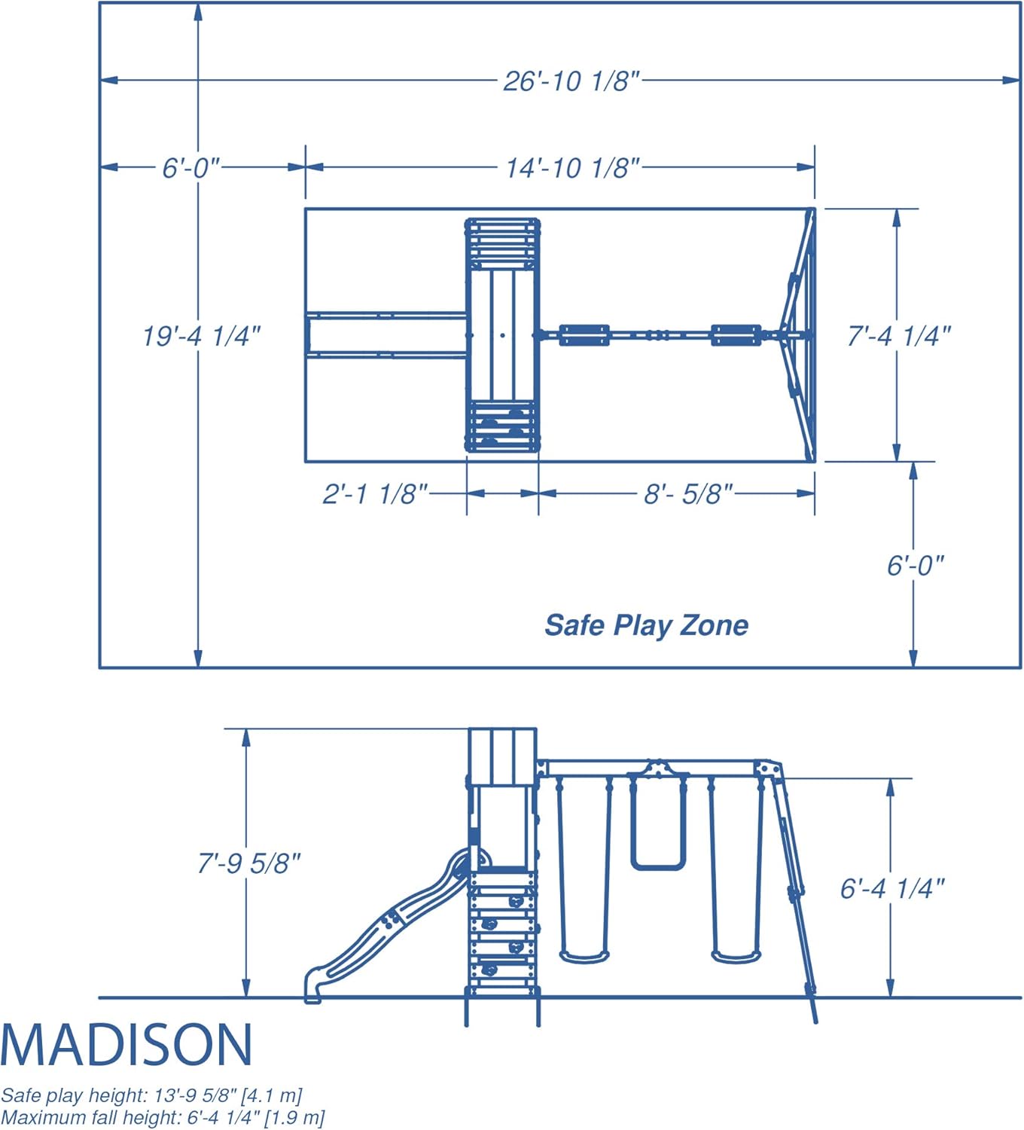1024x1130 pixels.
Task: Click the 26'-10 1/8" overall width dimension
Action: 571,81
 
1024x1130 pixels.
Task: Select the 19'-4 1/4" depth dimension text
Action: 202,336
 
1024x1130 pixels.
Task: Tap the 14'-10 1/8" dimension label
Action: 573,169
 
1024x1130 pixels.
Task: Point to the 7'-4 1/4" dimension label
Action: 899,336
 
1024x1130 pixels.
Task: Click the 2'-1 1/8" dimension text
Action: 375,494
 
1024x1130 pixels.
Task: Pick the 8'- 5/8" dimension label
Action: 688,494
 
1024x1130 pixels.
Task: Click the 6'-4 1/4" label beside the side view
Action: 892,888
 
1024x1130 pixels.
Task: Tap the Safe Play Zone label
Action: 646,626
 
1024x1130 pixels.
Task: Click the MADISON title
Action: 126,1045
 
